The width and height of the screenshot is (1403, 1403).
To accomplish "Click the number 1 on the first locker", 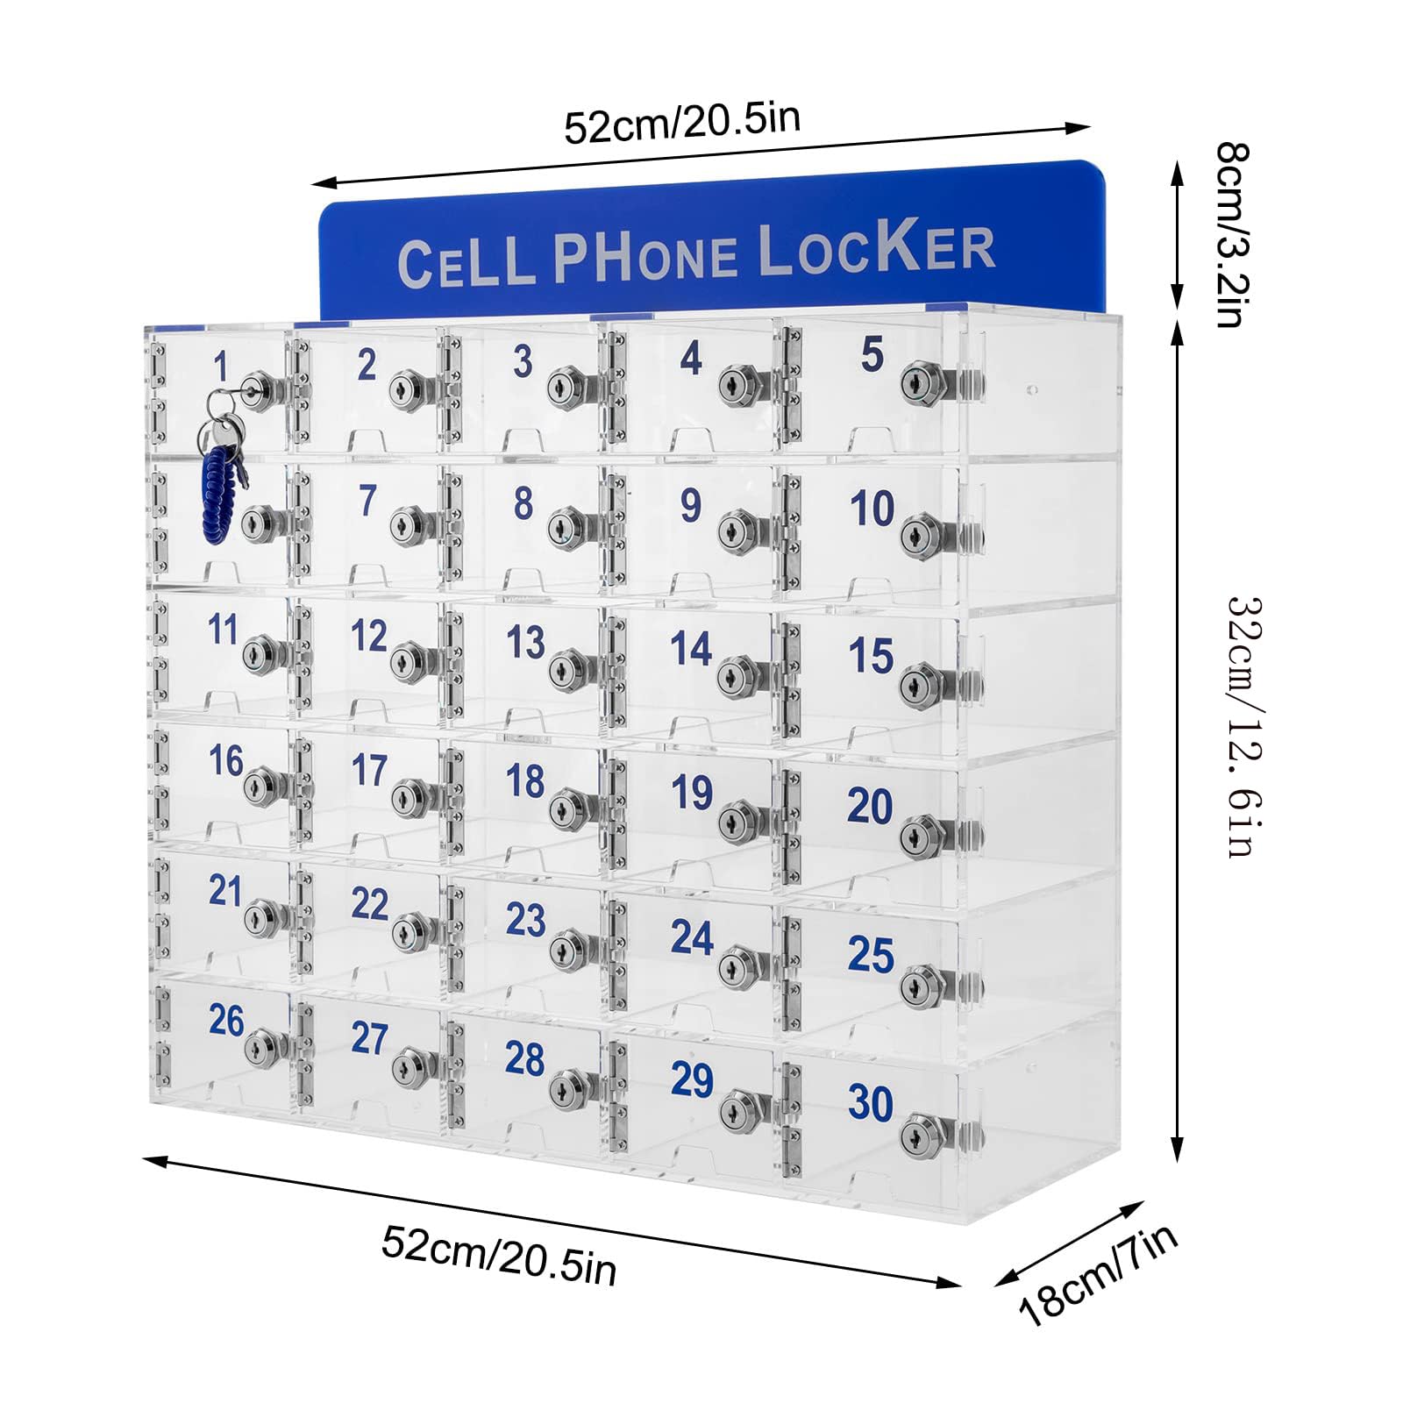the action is (220, 367).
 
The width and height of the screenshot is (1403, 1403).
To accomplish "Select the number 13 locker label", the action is (525, 642).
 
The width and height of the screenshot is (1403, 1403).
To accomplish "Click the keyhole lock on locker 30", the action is (917, 1135).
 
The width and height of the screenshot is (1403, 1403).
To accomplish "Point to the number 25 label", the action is (871, 954).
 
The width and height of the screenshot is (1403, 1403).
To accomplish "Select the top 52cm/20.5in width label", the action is (681, 124).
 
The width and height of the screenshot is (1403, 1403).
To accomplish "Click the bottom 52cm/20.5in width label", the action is (499, 1255).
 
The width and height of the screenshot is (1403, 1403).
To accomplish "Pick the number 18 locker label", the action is (525, 781).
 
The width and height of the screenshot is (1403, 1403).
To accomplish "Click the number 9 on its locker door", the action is (691, 505).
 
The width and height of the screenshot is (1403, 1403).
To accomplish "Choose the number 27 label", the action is (369, 1037).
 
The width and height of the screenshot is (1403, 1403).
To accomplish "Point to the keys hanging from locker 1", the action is (221, 423).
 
